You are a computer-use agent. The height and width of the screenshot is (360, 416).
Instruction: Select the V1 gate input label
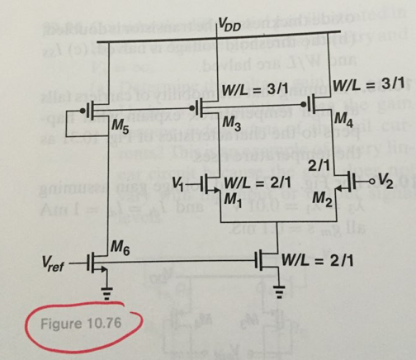[x=181, y=182]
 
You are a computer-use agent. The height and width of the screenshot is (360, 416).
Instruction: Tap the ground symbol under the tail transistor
[x=277, y=291]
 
